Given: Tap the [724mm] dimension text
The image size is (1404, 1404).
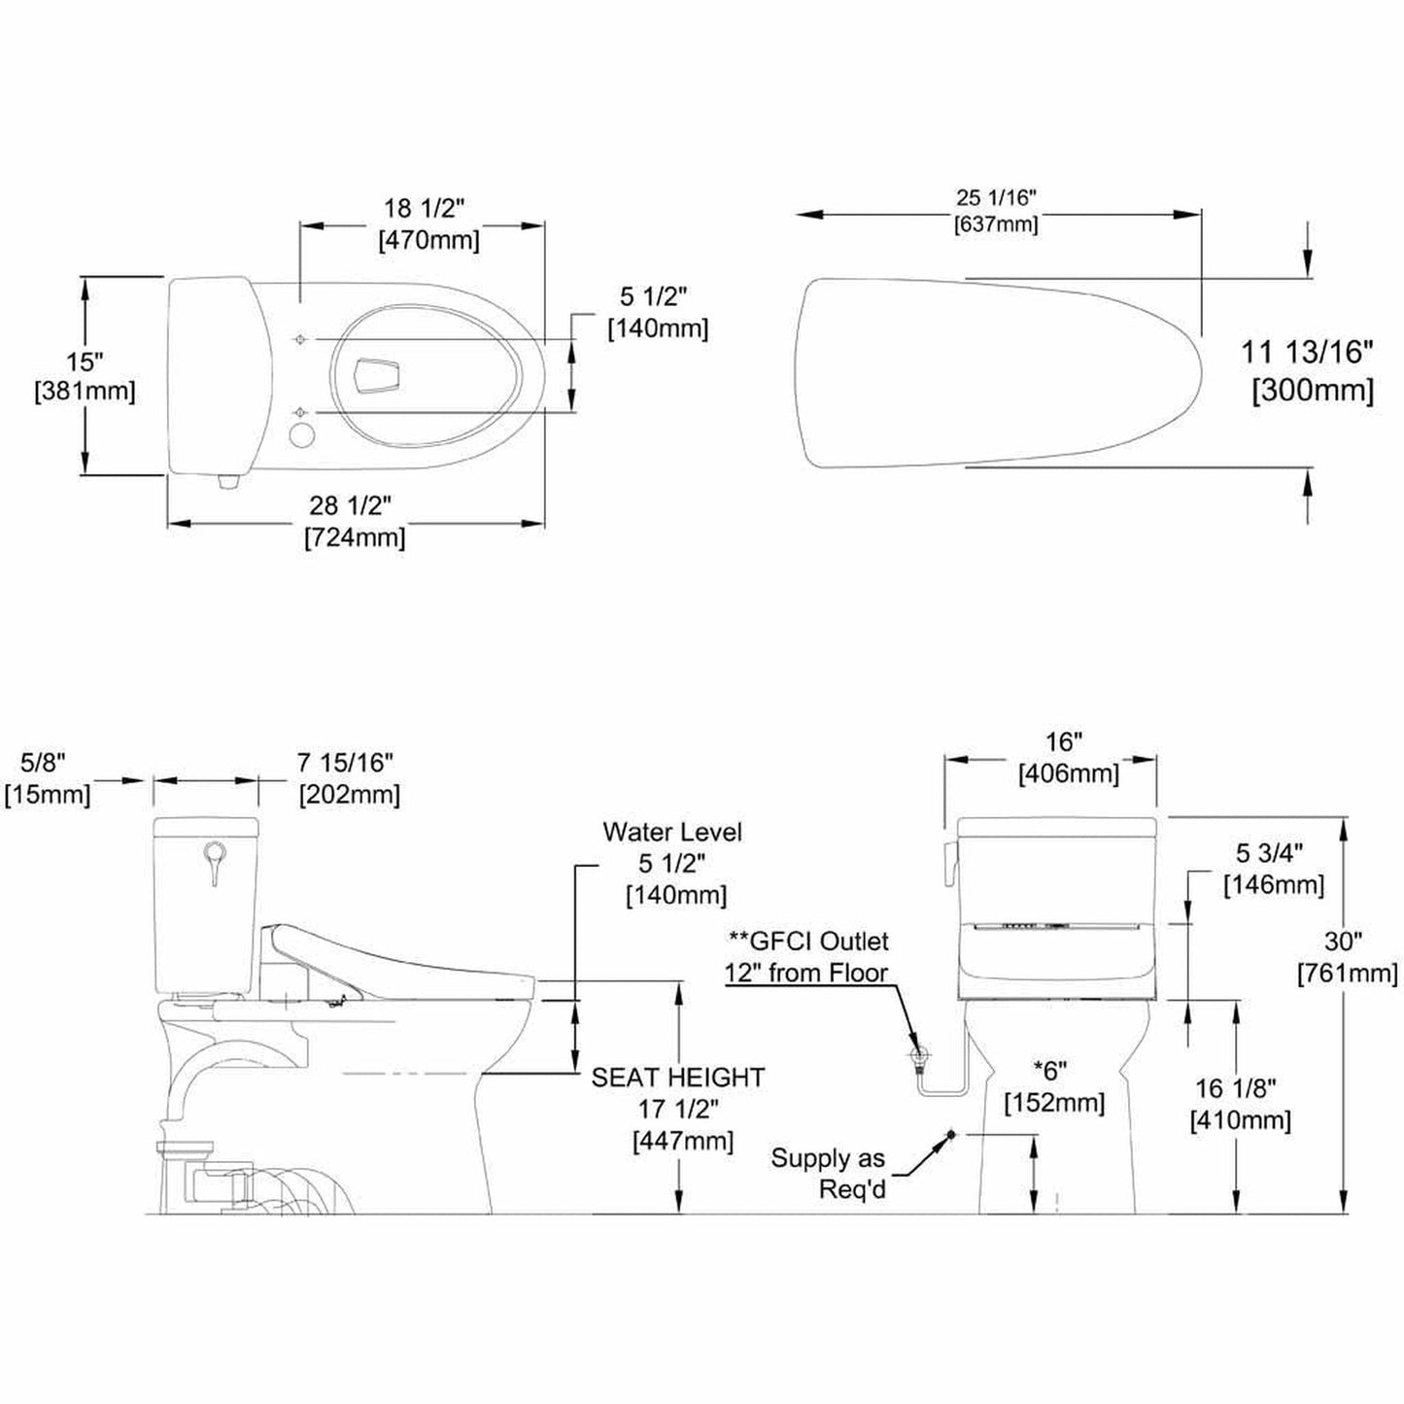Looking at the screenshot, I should (x=355, y=537).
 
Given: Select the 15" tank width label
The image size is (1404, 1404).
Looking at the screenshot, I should (x=85, y=361).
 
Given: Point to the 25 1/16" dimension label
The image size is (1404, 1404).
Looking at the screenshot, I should (x=996, y=197).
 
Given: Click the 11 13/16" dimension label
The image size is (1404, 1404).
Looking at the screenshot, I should (x=1307, y=352).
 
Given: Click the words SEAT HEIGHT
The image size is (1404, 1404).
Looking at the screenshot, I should (x=678, y=1078).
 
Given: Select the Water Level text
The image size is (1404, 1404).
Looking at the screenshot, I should (x=672, y=832).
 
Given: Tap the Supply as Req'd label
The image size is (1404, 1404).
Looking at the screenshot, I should (x=828, y=1173).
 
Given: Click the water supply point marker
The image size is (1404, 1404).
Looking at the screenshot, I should (x=950, y=1135).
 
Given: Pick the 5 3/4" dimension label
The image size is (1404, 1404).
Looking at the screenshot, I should (x=1269, y=852).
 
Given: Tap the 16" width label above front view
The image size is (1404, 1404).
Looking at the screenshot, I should (x=1064, y=742).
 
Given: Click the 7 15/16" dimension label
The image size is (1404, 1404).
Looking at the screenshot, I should (x=346, y=763).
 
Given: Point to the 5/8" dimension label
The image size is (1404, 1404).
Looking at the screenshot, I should (x=47, y=763).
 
